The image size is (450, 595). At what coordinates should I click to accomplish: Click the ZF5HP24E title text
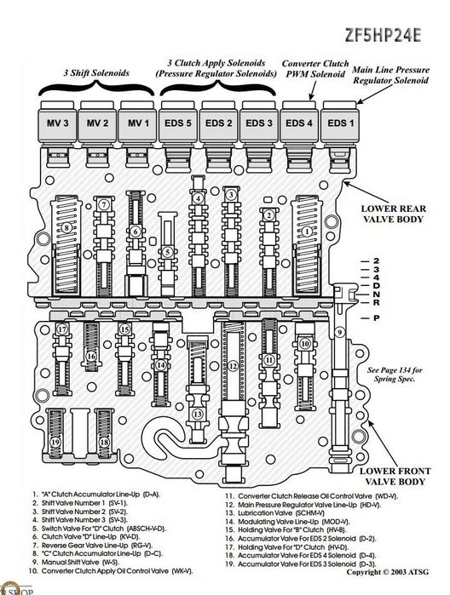pyautogui.click(x=384, y=35)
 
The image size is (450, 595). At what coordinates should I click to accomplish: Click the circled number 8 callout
pyautogui.click(x=66, y=227)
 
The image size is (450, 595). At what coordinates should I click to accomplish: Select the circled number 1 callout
pyautogui.click(x=306, y=231)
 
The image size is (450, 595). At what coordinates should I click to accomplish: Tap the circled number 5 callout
pyautogui.click(x=168, y=252)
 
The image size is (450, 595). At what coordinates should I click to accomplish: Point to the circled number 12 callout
pyautogui.click(x=233, y=366)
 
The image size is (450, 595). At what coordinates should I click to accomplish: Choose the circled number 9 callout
pyautogui.click(x=339, y=333)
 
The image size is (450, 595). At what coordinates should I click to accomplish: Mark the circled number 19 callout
pyautogui.click(x=55, y=442)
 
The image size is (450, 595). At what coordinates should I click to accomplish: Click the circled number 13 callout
pyautogui.click(x=197, y=414)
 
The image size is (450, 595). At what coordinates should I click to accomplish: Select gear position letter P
pyautogui.click(x=376, y=318)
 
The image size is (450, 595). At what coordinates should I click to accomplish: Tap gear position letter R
pyautogui.click(x=376, y=302)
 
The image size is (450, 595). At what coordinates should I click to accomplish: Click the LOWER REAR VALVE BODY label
pyautogui.click(x=394, y=214)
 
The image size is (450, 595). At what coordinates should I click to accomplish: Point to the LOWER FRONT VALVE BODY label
pyautogui.click(x=395, y=476)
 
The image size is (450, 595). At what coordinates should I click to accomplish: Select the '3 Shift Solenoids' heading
pyautogui.click(x=96, y=72)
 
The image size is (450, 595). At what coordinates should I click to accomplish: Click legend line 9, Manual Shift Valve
pyautogui.click(x=76, y=562)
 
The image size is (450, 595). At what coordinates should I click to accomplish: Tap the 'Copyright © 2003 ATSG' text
pyautogui.click(x=387, y=572)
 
